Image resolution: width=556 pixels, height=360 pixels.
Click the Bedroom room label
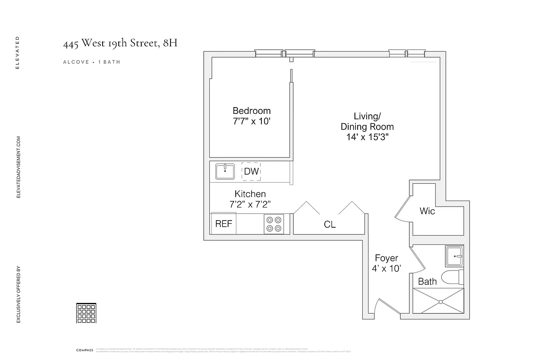[x=251, y=111]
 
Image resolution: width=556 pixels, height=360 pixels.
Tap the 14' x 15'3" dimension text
[x=367, y=137]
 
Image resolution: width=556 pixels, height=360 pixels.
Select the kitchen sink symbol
[x=225, y=171]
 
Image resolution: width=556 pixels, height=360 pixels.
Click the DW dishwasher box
[x=251, y=171]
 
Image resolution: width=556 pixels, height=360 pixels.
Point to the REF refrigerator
[x=224, y=224]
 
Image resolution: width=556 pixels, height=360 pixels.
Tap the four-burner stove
[x=274, y=224]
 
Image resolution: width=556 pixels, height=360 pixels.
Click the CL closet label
[x=330, y=225]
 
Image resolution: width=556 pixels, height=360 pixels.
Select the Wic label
[x=427, y=211]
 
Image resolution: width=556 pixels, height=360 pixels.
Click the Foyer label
[x=386, y=258]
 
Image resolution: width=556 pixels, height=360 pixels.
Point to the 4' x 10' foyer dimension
[x=386, y=269]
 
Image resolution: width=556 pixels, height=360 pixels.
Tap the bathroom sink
[x=454, y=256]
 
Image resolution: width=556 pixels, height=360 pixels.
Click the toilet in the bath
[x=452, y=278]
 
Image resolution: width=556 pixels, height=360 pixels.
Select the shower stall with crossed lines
[x=438, y=301]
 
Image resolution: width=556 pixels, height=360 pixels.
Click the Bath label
[x=427, y=282]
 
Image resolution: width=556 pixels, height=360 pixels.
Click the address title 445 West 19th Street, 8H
[x=123, y=44]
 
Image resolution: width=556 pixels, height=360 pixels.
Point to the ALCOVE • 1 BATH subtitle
[x=92, y=62]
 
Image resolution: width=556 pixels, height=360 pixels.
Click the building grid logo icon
[x=86, y=313]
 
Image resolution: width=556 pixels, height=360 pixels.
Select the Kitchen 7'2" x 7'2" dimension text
[x=250, y=204]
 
